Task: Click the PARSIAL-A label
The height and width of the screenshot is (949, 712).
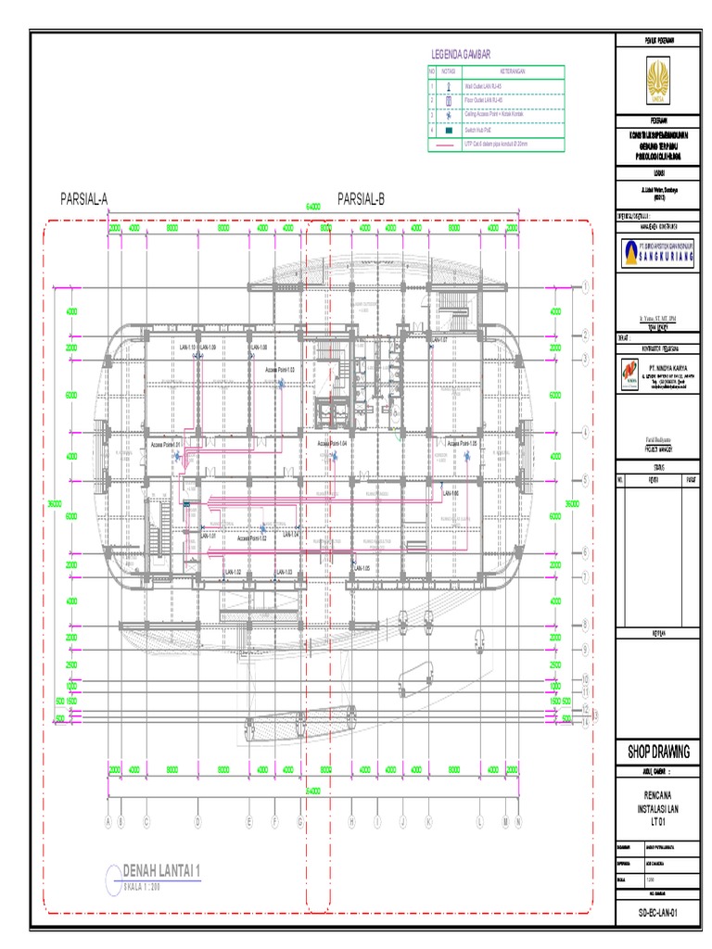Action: [84, 198]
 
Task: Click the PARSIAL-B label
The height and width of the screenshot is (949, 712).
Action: [362, 198]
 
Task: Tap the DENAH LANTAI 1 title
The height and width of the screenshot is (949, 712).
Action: [161, 871]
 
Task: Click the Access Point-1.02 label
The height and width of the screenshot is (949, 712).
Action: [251, 538]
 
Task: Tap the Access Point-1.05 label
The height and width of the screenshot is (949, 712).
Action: [460, 444]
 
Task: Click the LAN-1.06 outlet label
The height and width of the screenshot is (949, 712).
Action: [451, 492]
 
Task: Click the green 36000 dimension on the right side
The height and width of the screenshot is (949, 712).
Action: [572, 503]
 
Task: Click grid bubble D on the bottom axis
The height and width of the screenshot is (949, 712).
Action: [197, 821]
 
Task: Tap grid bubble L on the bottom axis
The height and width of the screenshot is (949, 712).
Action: [479, 821]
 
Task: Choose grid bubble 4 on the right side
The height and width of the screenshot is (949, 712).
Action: [585, 432]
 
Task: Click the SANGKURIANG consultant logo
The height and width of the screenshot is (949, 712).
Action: [657, 250]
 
